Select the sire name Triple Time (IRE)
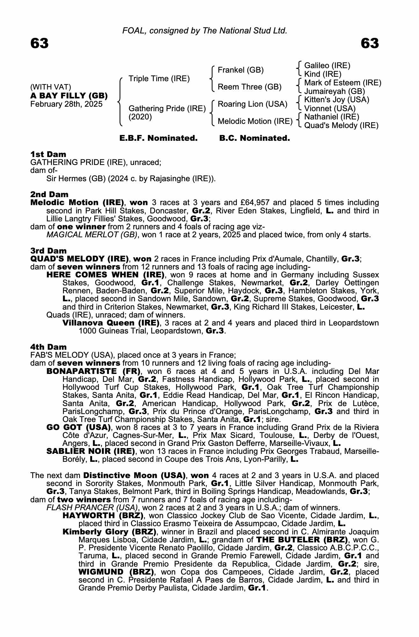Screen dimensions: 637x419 [x=159, y=79]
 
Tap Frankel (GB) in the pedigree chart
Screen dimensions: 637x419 [x=241, y=70]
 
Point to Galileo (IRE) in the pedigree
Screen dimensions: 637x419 [x=327, y=66]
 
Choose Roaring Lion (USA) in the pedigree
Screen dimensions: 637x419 [x=252, y=104]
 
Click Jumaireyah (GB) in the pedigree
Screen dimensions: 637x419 [x=335, y=91]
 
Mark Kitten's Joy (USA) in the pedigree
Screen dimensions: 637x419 [x=337, y=100]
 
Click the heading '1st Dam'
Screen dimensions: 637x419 [x=48, y=154]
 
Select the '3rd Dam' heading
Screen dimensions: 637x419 [x=48, y=251]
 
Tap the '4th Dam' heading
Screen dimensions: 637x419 [x=48, y=347]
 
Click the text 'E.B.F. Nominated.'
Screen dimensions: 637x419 [x=158, y=138]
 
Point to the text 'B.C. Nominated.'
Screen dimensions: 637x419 [x=255, y=138]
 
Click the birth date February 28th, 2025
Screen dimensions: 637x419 [x=66, y=104]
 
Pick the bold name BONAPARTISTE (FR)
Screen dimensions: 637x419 [x=94, y=371]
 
